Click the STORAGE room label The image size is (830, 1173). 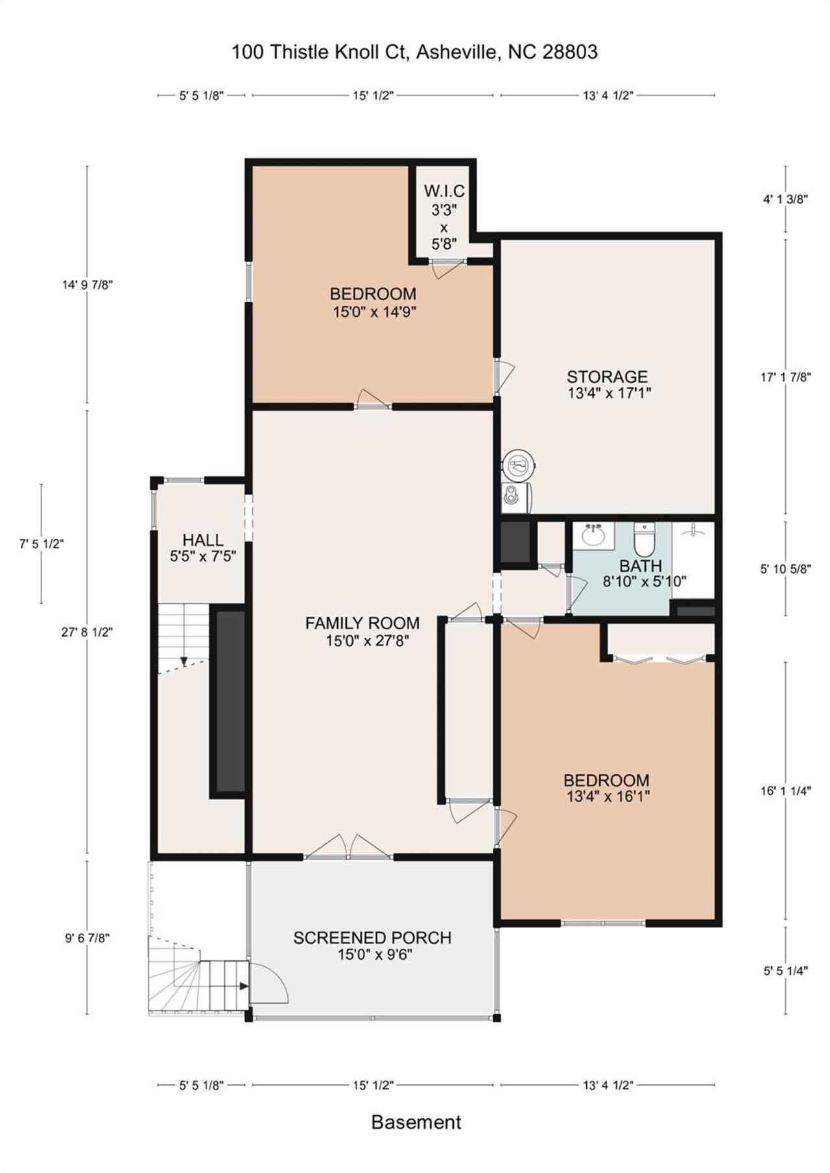click(x=607, y=377)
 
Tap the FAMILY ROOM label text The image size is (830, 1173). click(x=362, y=623)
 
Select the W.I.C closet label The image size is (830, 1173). click(x=444, y=191)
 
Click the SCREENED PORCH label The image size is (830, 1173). click(x=372, y=938)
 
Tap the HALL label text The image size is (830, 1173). click(x=203, y=539)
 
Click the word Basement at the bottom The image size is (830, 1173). click(x=416, y=1122)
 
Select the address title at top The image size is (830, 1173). click(x=414, y=52)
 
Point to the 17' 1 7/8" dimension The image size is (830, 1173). click(x=786, y=377)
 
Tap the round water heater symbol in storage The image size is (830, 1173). click(x=519, y=464)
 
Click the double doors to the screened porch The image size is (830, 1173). click(x=349, y=846)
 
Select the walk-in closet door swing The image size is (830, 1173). click(x=447, y=268)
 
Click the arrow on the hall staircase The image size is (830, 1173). click(x=184, y=660)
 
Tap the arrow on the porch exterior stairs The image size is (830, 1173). click(x=243, y=986)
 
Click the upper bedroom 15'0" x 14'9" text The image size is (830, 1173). click(x=373, y=312)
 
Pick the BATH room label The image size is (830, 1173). click(x=641, y=565)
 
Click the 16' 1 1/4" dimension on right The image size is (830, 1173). click(x=786, y=791)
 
